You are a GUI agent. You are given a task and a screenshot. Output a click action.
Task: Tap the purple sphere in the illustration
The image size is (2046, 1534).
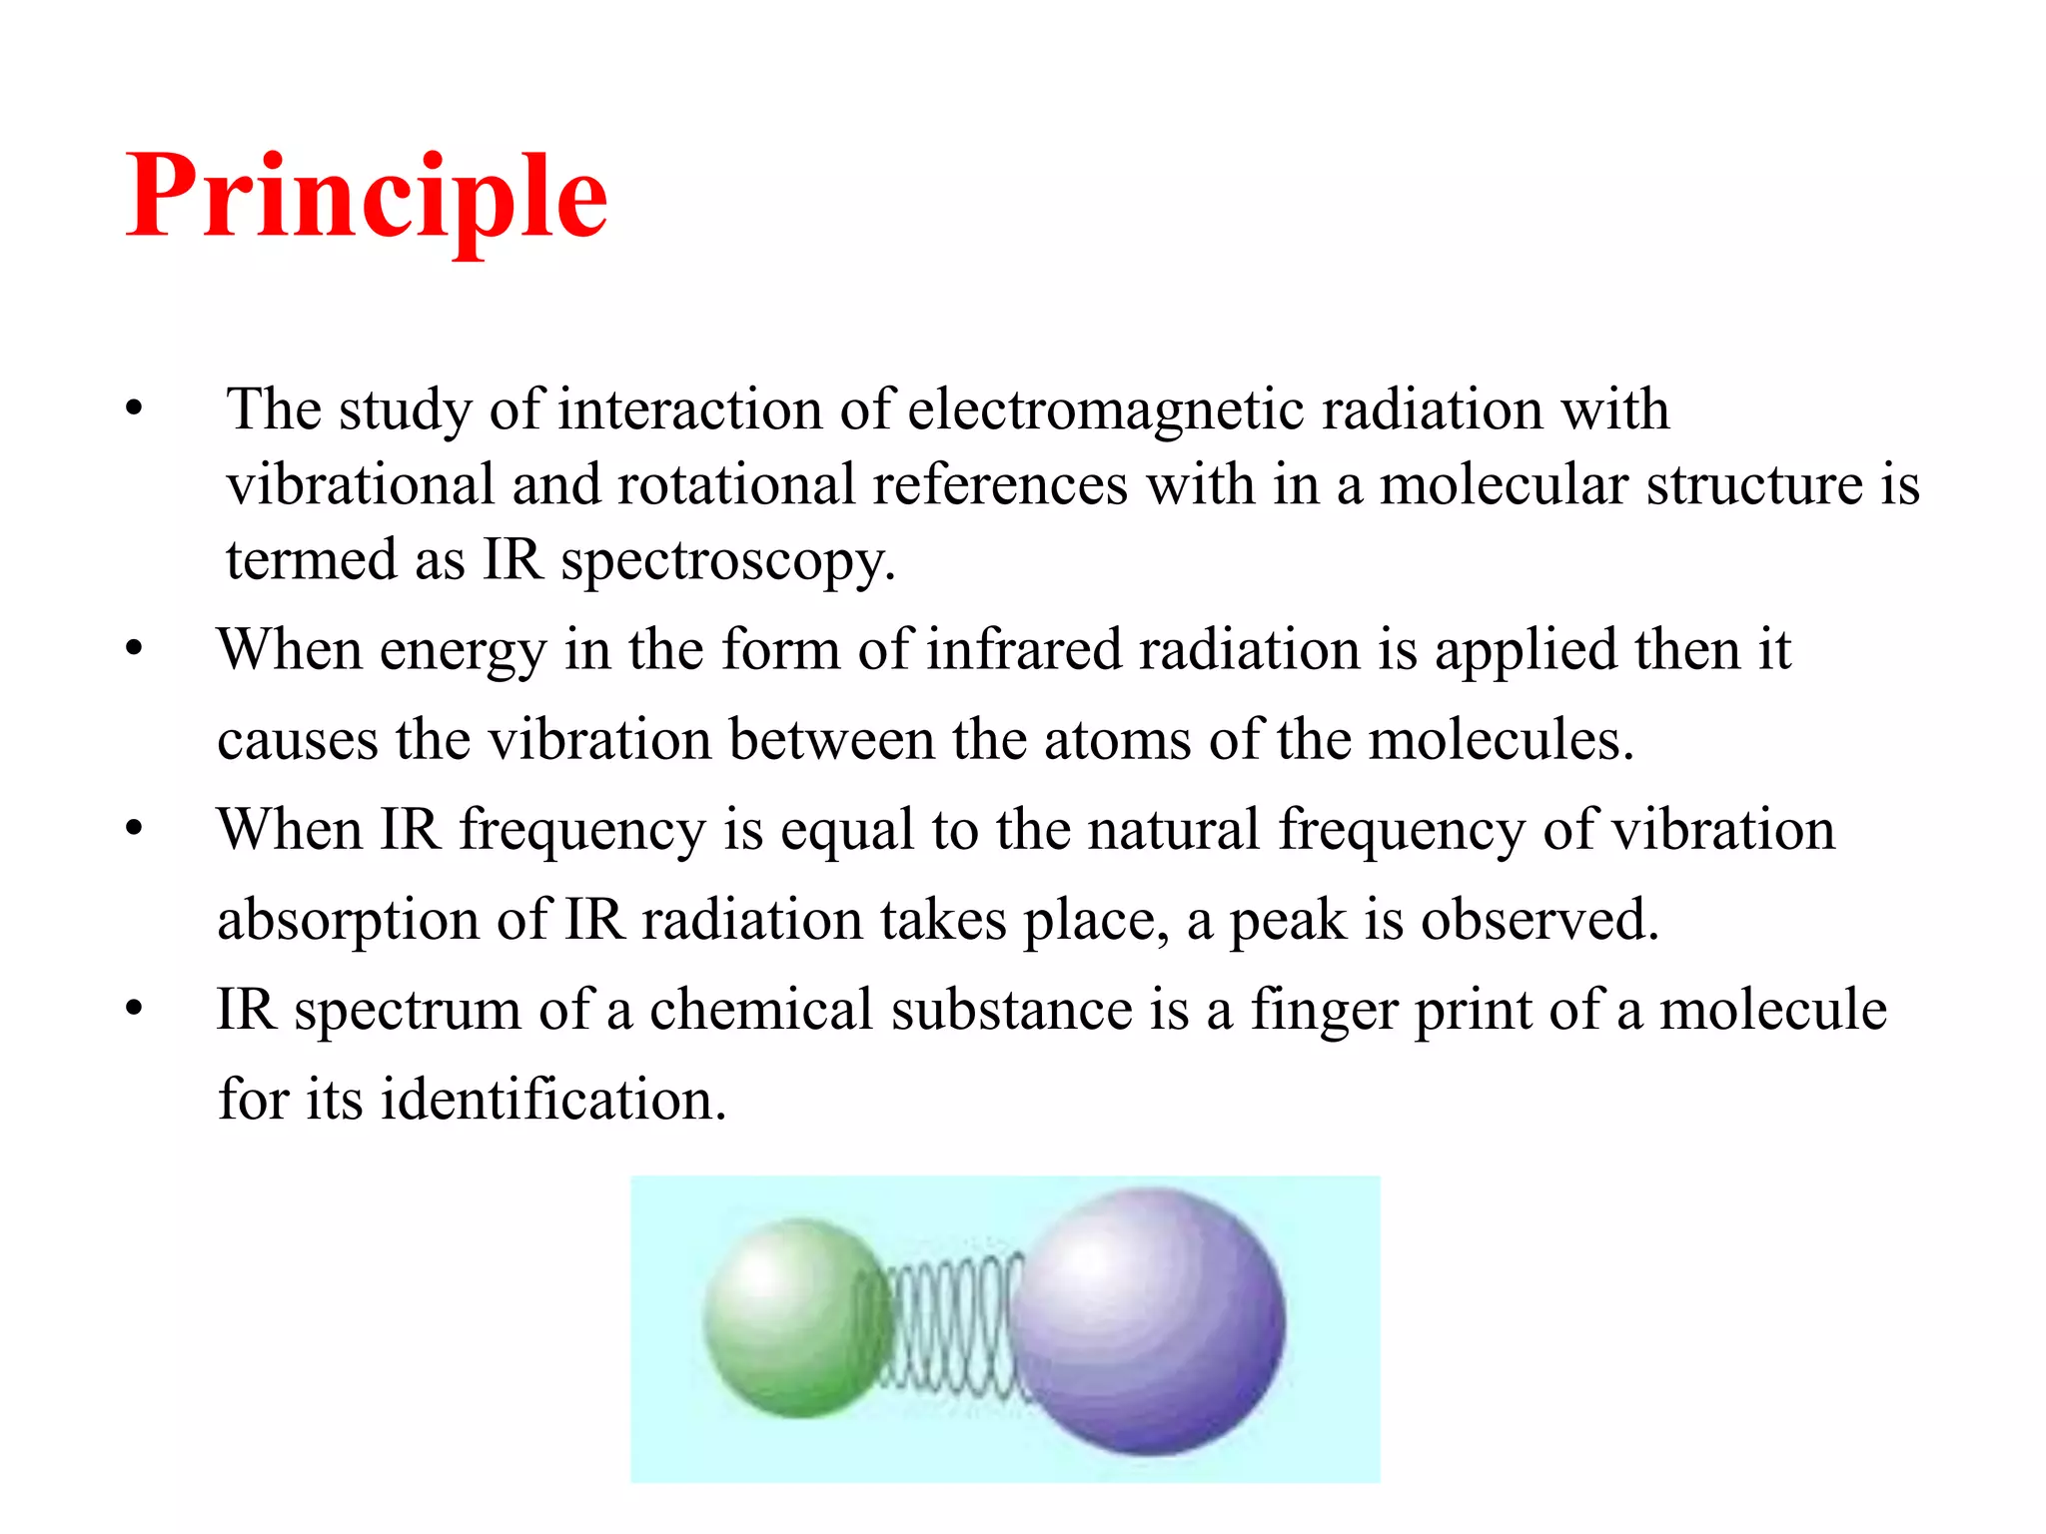pos(1149,1320)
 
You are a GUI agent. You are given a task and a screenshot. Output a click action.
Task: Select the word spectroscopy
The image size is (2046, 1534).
pos(726,560)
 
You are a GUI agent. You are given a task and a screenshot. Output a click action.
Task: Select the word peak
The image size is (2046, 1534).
pos(1287,920)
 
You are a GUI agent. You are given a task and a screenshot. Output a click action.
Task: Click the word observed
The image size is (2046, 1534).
pos(1539,920)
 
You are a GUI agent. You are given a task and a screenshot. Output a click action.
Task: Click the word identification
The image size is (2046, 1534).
pos(553,1100)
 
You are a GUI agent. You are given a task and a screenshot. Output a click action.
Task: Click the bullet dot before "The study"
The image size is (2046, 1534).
pos(135,409)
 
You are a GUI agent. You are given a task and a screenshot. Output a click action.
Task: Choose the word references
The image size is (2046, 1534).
pos(1000,485)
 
